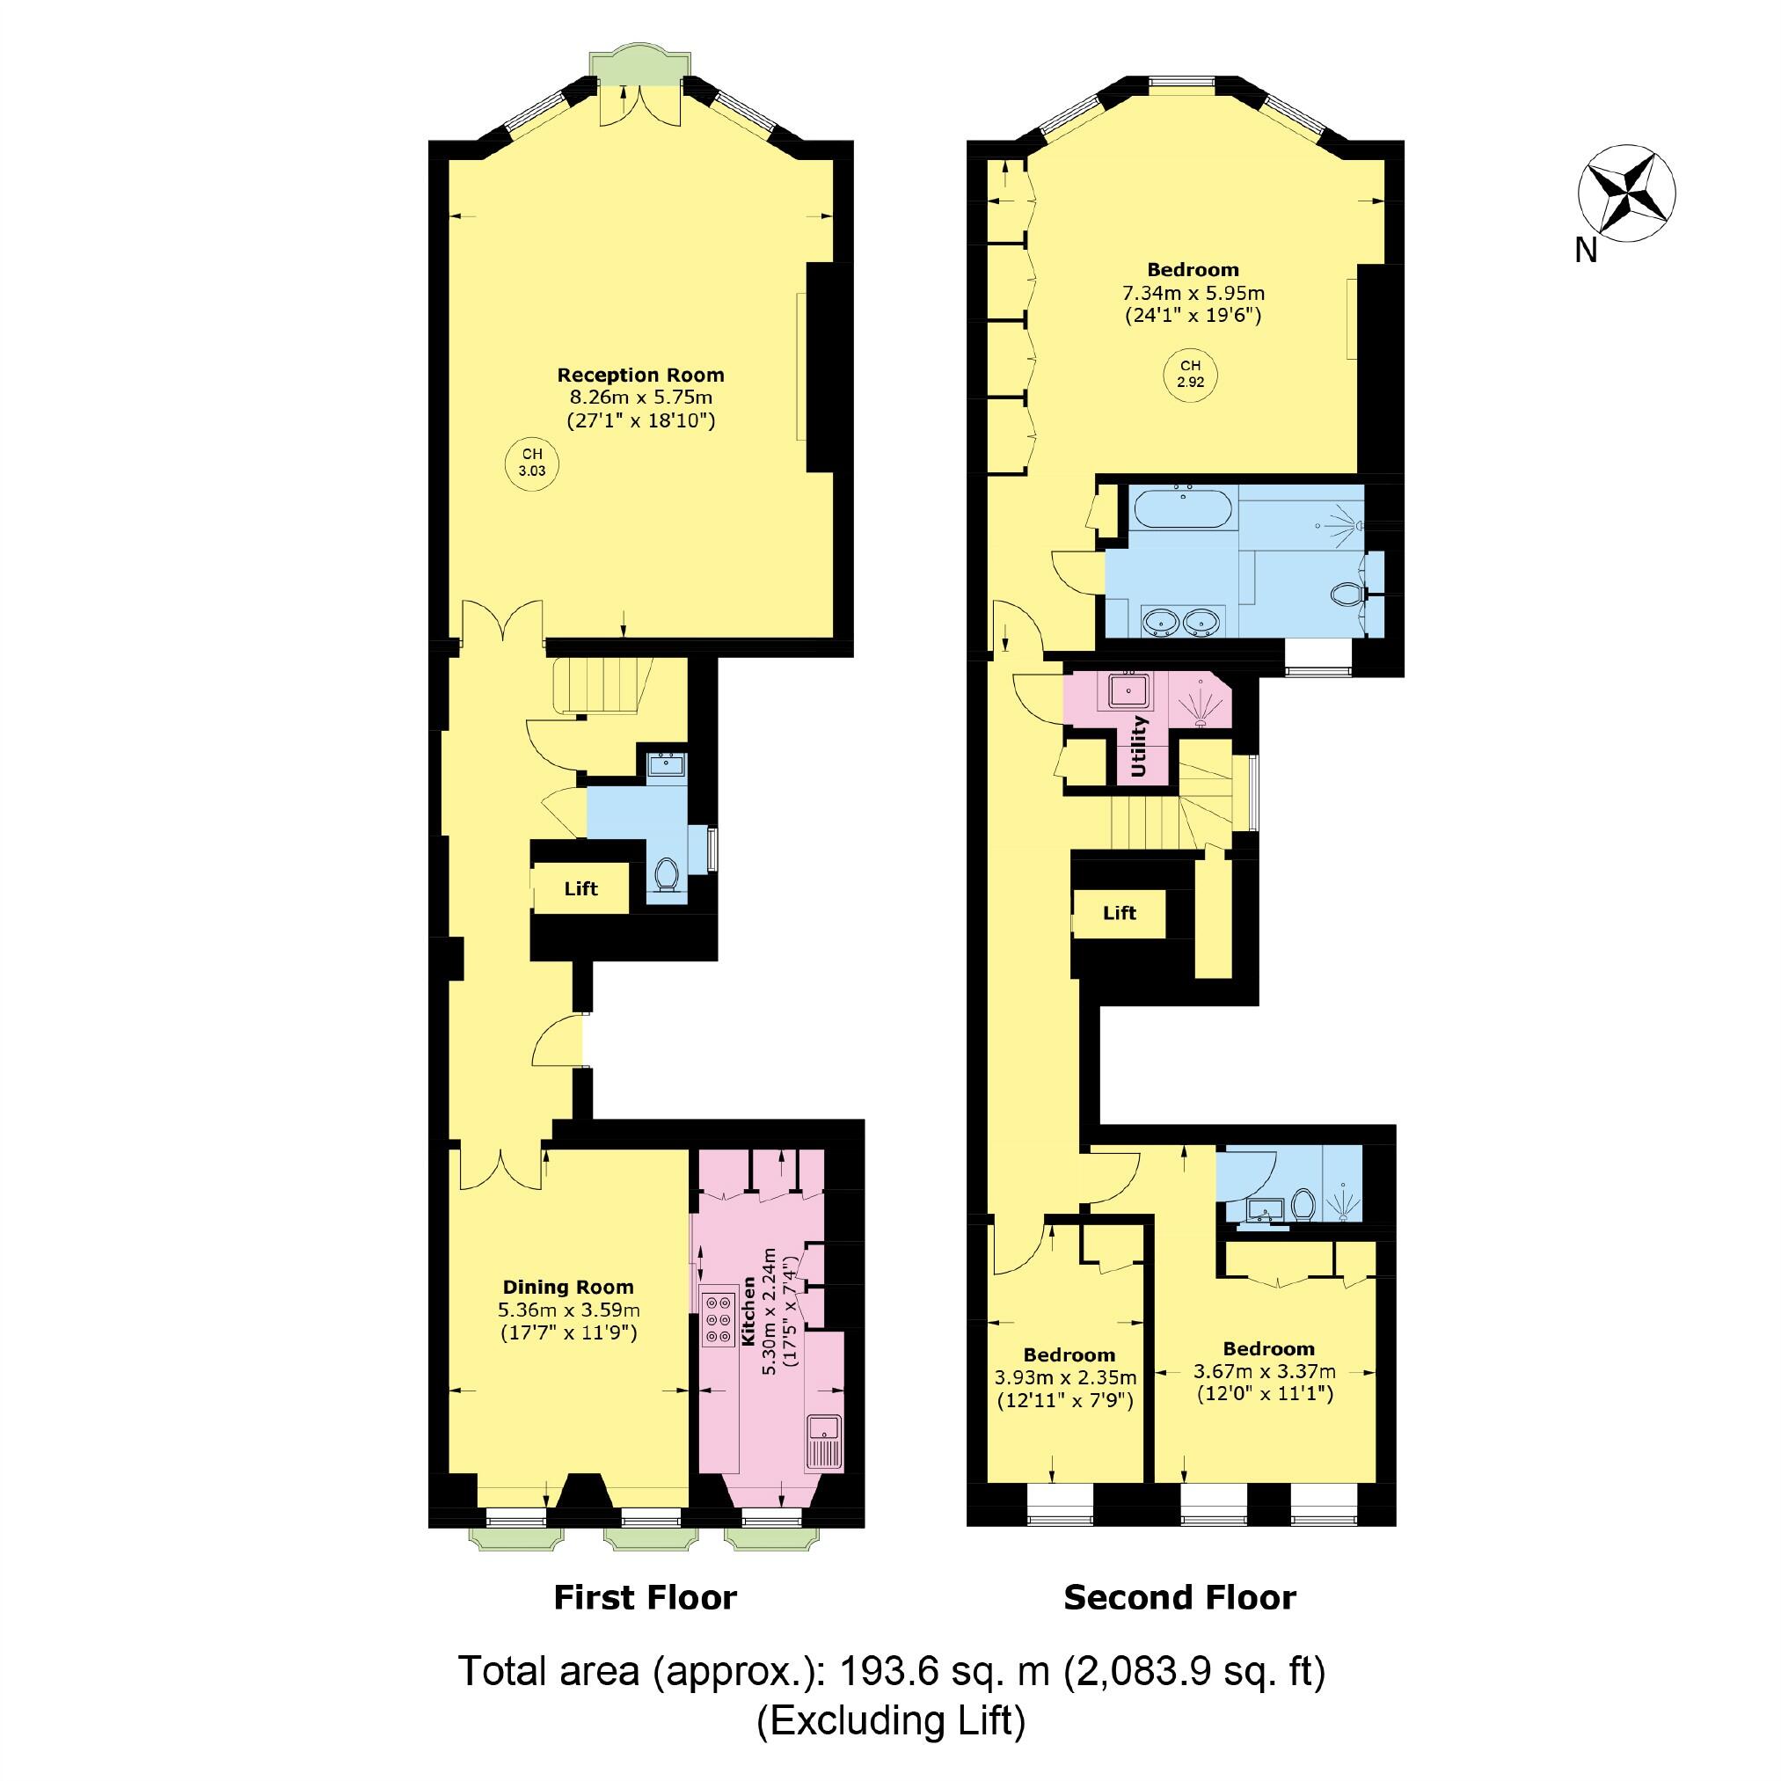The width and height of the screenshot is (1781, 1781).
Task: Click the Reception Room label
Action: pyautogui.click(x=639, y=376)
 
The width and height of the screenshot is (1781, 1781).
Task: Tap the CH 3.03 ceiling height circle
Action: pyautogui.click(x=532, y=462)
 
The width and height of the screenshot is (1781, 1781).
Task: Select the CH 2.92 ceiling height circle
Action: pyautogui.click(x=1190, y=373)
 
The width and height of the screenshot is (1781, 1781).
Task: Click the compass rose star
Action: pyautogui.click(x=1626, y=193)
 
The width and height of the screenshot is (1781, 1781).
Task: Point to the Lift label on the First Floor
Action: pyautogui.click(x=580, y=888)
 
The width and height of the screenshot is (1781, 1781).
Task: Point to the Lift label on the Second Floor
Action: pyautogui.click(x=1119, y=913)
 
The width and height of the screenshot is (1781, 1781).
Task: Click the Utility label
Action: pyautogui.click(x=1138, y=746)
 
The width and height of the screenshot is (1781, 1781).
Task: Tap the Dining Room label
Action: pyautogui.click(x=568, y=1287)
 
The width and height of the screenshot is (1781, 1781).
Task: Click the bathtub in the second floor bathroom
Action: pyautogui.click(x=1183, y=510)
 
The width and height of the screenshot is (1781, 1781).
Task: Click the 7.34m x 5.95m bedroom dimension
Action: pyautogui.click(x=1193, y=293)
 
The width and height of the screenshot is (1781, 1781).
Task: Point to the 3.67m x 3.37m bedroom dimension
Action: pyautogui.click(x=1264, y=1372)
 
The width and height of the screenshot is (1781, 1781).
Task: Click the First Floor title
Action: pyautogui.click(x=646, y=1597)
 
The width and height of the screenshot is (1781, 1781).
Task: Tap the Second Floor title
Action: pyautogui.click(x=1180, y=1597)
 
